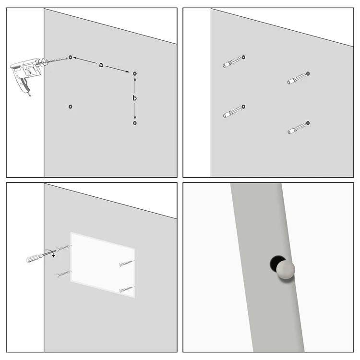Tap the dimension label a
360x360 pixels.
[x=101, y=65]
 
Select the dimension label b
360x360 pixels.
[x=135, y=98]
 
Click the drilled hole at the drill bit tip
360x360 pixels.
[x=71, y=57]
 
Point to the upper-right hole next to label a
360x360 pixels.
[x=135, y=73]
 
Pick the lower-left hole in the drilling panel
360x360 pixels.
[x=71, y=106]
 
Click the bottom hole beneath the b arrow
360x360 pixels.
[x=135, y=123]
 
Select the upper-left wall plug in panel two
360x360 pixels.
[x=233, y=62]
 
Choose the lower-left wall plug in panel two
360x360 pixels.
[x=233, y=111]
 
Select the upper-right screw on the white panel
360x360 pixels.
[x=126, y=263]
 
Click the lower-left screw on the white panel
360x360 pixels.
[x=63, y=275]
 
